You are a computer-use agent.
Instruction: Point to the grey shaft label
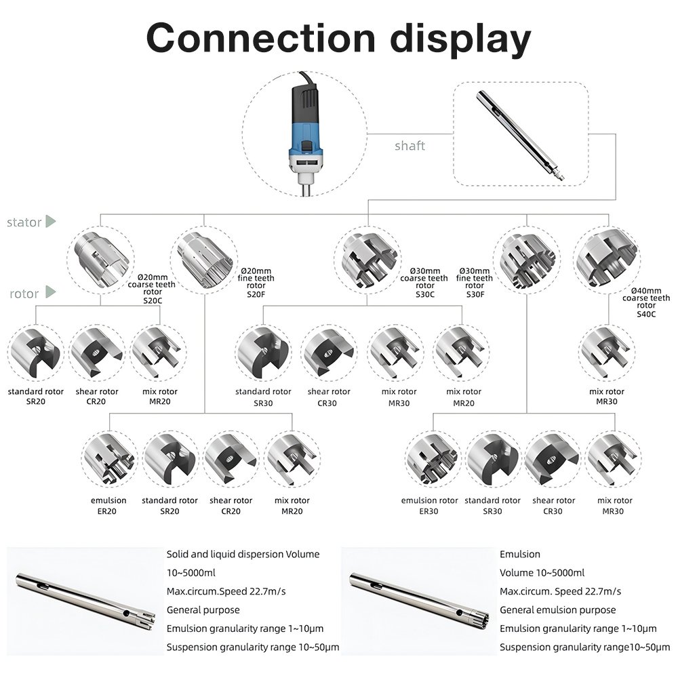[x=410, y=146]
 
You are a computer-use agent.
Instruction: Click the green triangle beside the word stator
[x=50, y=222]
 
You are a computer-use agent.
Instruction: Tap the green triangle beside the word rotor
[x=49, y=294]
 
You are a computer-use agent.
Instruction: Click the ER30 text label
[x=429, y=511]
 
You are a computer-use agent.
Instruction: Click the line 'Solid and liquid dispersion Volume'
[x=243, y=554]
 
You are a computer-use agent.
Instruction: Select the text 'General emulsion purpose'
[x=557, y=610]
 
